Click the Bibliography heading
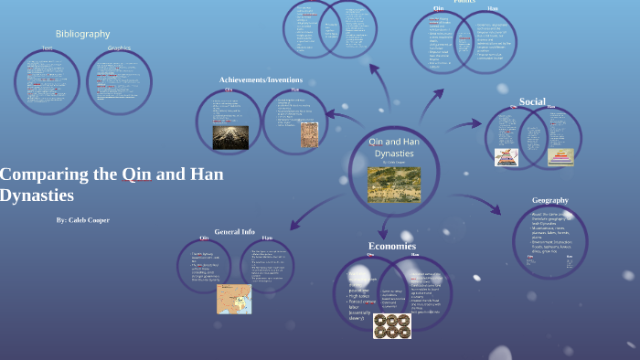coord(82,34)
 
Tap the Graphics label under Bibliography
coord(119,48)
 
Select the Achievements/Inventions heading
coord(261,80)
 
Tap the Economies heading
coord(392,247)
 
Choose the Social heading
coord(532,101)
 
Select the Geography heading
coord(550,200)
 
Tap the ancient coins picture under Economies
coord(391,325)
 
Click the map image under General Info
coord(233,299)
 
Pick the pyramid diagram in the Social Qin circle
coord(507,157)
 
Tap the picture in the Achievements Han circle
coord(309,135)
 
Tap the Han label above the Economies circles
coord(415,255)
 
